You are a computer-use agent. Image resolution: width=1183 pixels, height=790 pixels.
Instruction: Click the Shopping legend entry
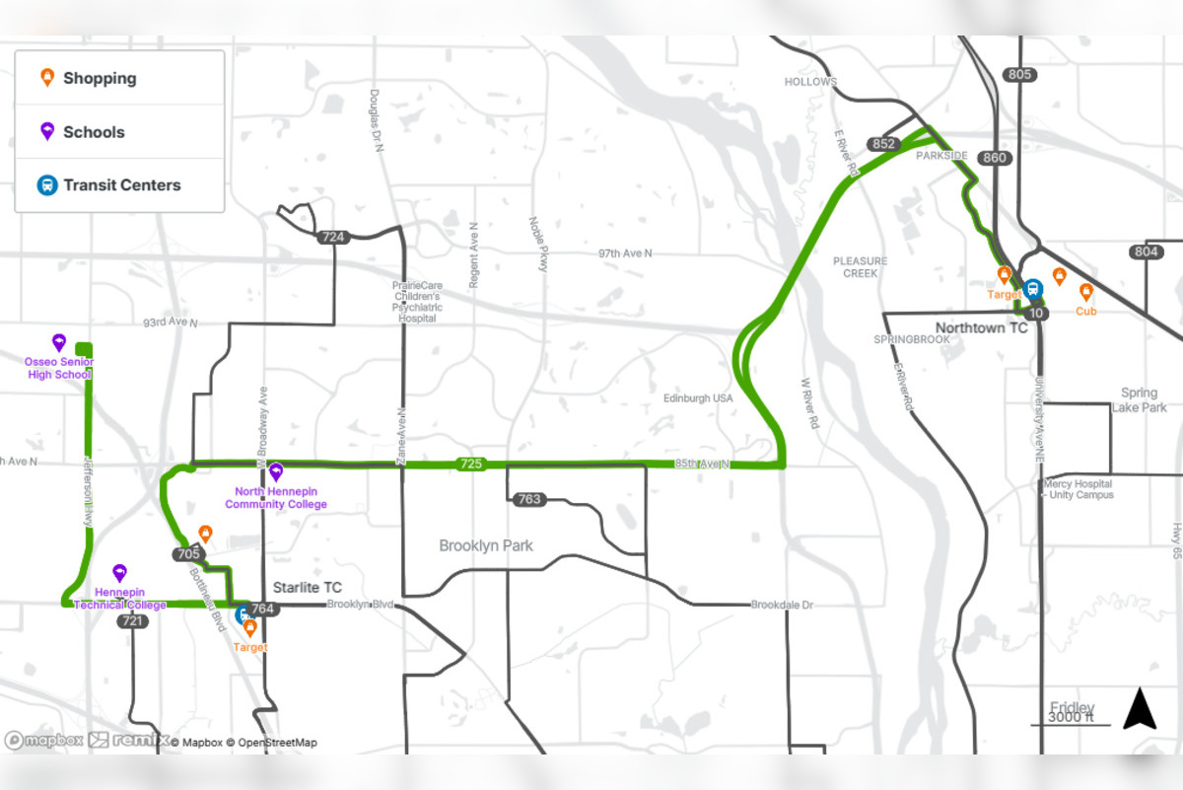[99, 79]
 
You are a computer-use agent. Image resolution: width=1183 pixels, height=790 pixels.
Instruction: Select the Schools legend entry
[93, 132]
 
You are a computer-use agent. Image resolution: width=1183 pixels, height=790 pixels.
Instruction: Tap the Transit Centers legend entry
[121, 185]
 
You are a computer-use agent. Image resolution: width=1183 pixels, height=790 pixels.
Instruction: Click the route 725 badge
[471, 464]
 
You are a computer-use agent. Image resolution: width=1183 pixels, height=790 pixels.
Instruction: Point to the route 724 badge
[333, 238]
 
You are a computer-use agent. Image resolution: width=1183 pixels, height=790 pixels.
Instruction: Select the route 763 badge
[529, 499]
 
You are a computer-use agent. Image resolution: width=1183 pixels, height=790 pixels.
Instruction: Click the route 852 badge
[884, 145]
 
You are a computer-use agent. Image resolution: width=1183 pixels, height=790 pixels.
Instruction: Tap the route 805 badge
[1020, 75]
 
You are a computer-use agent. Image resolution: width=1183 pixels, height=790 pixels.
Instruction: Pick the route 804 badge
[1146, 252]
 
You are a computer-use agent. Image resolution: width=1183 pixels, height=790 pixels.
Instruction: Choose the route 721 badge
[132, 621]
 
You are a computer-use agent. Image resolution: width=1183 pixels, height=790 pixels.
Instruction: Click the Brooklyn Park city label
[486, 545]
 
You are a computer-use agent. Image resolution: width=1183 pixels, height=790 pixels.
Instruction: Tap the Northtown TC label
[981, 327]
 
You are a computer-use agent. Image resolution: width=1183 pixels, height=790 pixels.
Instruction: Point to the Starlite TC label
[307, 588]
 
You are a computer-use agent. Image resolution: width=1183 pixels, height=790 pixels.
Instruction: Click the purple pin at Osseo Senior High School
[59, 342]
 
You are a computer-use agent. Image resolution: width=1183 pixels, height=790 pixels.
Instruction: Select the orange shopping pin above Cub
[1085, 292]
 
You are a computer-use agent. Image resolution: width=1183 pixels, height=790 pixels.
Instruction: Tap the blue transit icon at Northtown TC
[1032, 289]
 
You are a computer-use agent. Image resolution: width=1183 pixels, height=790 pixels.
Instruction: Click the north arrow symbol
[1140, 709]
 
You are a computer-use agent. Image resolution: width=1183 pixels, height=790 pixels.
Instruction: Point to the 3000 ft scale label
[1071, 717]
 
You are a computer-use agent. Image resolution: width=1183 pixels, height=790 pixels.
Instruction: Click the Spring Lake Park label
[1140, 400]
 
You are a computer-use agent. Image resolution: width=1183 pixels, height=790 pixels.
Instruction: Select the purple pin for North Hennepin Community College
[276, 471]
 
